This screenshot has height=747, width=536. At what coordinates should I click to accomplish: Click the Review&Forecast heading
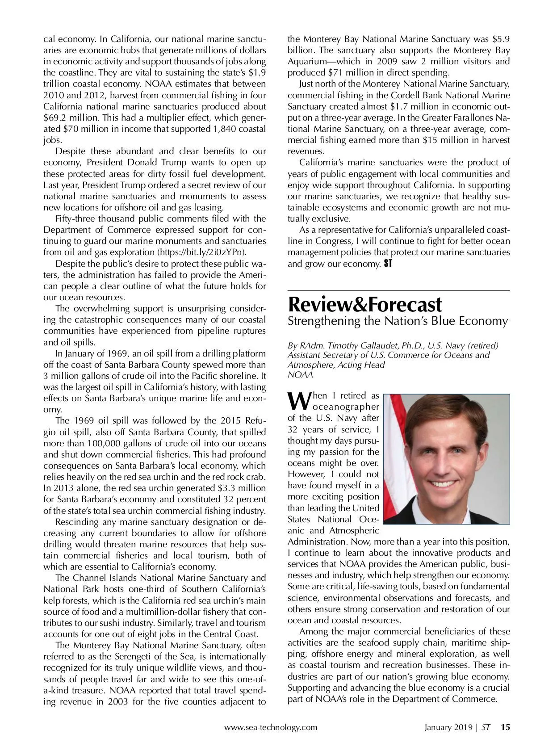pos(365,305)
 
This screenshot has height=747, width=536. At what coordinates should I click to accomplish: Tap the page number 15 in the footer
pos(505,727)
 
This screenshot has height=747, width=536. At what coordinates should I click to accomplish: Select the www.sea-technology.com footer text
pos(271,727)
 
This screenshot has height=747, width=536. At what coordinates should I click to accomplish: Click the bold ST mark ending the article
pos(388,264)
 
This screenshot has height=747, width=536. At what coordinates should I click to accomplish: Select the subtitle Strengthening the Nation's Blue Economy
pos(398,321)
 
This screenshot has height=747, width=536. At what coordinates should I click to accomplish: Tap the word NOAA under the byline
pos(300,375)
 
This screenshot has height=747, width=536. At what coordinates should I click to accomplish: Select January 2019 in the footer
pos(448,727)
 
